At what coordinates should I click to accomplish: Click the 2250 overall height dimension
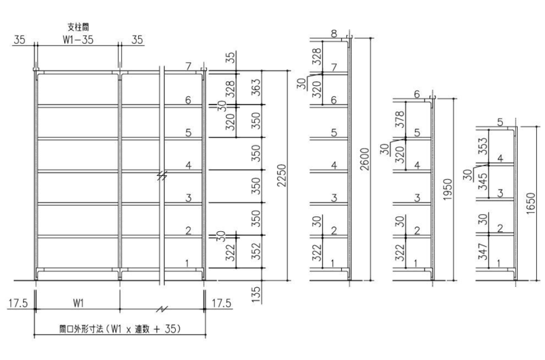tap(281, 175)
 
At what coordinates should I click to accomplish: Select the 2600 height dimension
tap(364, 159)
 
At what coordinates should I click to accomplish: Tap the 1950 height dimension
tap(448, 190)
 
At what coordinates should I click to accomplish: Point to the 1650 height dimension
tap(531, 204)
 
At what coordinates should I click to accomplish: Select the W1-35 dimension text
tap(78, 40)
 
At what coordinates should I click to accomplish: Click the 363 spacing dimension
tap(256, 88)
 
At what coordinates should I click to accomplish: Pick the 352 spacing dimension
tap(256, 251)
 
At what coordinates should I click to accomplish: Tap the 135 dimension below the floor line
tap(256, 295)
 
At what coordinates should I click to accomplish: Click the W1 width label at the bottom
tap(78, 303)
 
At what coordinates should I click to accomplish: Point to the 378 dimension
tap(401, 119)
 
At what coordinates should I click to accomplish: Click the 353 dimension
tap(483, 146)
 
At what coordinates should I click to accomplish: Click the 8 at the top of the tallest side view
tap(334, 33)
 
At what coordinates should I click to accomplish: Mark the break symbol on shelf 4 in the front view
tap(161, 176)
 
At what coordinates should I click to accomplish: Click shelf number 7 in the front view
tap(189, 65)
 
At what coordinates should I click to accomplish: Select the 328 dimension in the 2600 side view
tap(317, 57)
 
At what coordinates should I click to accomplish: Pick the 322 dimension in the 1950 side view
tap(401, 252)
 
